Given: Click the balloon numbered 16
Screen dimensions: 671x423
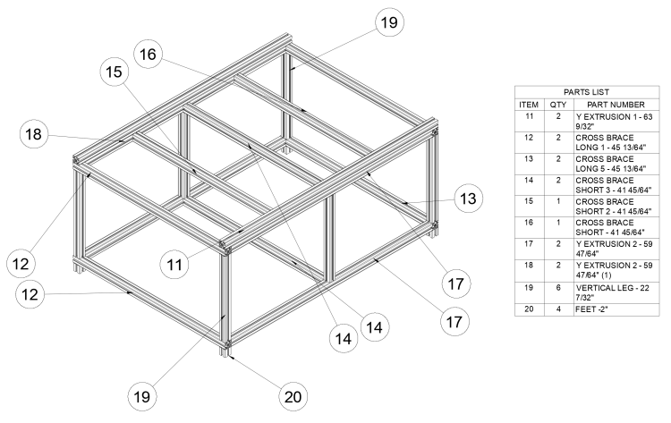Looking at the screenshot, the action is (x=148, y=55).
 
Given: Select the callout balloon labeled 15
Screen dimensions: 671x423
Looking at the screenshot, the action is (x=114, y=72).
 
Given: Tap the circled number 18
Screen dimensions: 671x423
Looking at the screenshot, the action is (x=34, y=134).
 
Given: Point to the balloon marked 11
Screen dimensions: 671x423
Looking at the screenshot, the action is (x=174, y=265).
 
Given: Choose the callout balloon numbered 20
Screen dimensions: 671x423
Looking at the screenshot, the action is (x=293, y=397).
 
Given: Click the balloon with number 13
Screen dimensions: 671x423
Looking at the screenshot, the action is (x=468, y=199).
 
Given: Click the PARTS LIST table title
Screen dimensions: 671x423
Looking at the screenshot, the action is (x=587, y=92).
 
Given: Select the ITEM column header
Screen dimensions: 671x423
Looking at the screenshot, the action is (x=529, y=105).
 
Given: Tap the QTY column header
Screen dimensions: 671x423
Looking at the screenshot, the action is (x=558, y=105).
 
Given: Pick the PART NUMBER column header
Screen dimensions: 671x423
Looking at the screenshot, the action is (x=616, y=105).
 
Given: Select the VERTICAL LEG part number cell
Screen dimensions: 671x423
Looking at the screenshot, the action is (x=616, y=292).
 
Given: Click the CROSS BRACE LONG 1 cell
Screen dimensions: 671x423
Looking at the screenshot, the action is (x=616, y=143).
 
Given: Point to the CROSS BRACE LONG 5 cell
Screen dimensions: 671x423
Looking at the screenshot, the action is (x=616, y=165).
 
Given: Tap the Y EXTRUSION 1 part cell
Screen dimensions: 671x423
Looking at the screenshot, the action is (x=616, y=122).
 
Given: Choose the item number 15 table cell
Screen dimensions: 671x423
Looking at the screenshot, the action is (x=529, y=207).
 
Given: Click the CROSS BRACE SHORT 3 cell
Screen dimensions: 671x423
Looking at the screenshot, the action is (x=616, y=185).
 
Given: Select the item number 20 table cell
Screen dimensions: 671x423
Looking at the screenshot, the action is (x=529, y=309).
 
